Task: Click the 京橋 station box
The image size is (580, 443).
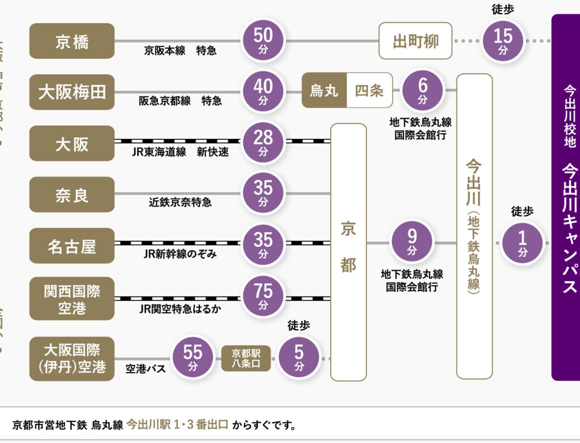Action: click(72, 41)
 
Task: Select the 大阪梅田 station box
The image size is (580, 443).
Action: click(72, 92)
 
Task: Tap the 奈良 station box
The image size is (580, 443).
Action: click(72, 195)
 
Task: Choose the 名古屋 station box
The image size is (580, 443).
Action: click(72, 246)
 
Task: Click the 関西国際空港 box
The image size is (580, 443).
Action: click(72, 299)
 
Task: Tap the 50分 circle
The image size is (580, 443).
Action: click(263, 40)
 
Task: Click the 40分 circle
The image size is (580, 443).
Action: click(263, 91)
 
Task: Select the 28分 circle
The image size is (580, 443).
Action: click(263, 142)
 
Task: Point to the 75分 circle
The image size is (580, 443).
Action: click(263, 296)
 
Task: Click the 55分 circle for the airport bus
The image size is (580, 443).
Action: click(193, 357)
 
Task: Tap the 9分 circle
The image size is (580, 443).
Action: click(412, 242)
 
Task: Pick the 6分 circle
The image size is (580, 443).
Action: click(423, 90)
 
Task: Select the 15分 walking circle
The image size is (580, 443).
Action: click(503, 41)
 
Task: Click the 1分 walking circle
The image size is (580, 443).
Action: click(522, 242)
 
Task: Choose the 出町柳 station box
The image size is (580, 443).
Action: click(416, 41)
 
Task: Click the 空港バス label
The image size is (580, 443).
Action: click(146, 369)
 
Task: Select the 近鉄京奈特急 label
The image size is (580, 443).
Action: click(180, 202)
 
